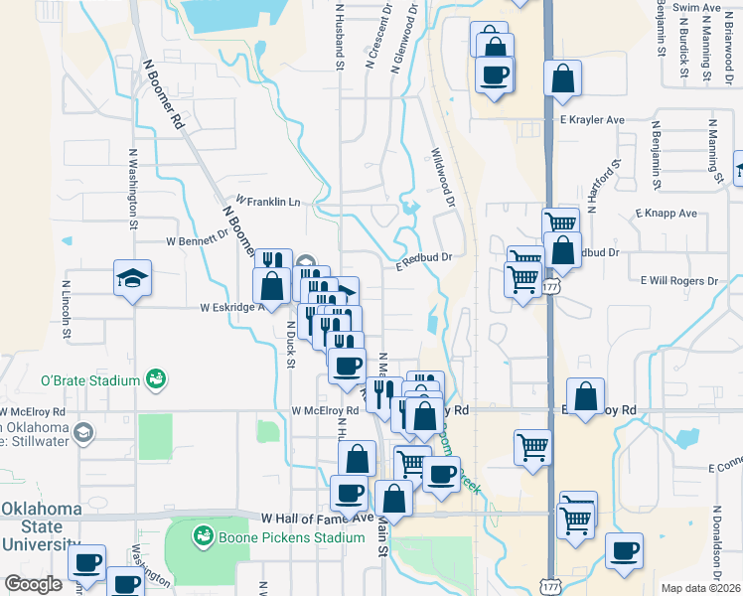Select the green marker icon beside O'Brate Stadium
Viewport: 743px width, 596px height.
click(155, 377)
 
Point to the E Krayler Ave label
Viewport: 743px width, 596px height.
click(591, 119)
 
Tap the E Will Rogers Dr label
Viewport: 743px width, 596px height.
click(679, 281)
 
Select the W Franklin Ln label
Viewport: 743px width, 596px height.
click(267, 201)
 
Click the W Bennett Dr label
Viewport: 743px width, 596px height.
click(197, 239)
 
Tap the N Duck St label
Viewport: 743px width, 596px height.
click(291, 344)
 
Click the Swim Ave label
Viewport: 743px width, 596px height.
click(696, 7)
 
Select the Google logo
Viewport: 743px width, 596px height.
click(33, 583)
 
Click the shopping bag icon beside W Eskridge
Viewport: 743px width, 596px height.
click(271, 286)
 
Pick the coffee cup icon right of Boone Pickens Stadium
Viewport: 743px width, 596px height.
click(624, 550)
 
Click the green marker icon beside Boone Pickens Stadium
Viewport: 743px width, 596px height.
click(204, 537)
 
